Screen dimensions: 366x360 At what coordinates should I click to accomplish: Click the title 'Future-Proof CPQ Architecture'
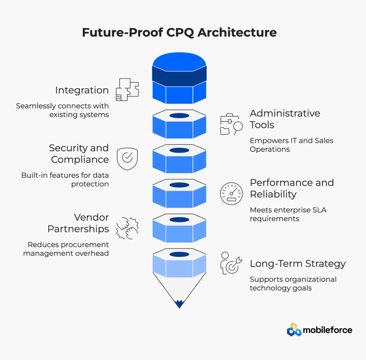(x=179, y=32)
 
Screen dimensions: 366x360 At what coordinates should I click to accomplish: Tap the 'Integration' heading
(x=82, y=90)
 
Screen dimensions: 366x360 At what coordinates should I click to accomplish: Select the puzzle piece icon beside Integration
(x=127, y=90)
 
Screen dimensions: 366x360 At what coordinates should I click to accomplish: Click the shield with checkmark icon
(x=127, y=159)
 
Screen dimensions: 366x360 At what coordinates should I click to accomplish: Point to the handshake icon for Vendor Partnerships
(x=127, y=228)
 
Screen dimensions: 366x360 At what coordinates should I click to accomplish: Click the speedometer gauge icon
(x=231, y=194)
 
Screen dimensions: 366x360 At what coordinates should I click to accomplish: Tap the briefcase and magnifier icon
(x=231, y=124)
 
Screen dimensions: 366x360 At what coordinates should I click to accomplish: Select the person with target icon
(x=231, y=263)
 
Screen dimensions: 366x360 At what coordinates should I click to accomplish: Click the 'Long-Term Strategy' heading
(x=298, y=264)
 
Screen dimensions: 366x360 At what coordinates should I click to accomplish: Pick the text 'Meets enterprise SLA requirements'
(x=288, y=214)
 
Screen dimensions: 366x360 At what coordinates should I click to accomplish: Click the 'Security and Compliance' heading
(x=79, y=154)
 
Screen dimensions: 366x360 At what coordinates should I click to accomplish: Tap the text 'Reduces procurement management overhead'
(x=66, y=249)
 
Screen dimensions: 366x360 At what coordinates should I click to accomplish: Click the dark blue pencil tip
(x=179, y=304)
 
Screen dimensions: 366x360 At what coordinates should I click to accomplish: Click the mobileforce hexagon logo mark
(x=294, y=330)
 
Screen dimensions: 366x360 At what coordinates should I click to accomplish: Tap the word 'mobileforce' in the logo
(x=327, y=330)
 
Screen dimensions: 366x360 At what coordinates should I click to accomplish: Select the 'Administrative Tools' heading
(x=285, y=119)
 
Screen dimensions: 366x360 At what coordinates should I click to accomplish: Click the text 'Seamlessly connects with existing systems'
(x=62, y=110)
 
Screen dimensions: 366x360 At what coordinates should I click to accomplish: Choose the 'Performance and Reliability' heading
(x=292, y=189)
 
